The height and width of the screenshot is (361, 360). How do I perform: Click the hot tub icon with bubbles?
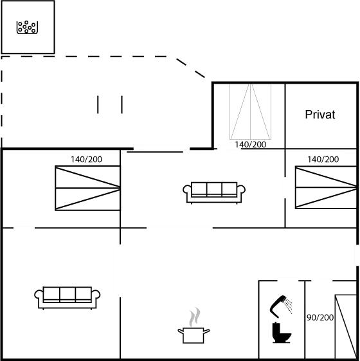[27, 27]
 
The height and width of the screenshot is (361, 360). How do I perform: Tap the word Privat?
[320, 115]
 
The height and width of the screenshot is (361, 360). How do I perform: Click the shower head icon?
[281, 306]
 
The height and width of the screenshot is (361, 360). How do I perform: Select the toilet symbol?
[281, 333]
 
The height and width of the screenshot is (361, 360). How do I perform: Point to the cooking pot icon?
[194, 335]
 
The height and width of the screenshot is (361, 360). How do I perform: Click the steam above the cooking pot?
[195, 317]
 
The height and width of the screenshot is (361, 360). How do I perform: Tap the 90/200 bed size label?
[320, 317]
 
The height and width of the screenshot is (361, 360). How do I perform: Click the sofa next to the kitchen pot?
[67, 298]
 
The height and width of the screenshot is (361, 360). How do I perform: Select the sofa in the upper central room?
[214, 193]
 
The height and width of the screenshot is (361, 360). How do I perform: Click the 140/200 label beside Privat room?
[250, 145]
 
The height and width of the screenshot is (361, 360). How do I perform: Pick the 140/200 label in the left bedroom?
[86, 160]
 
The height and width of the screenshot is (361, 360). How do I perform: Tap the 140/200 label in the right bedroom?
[323, 160]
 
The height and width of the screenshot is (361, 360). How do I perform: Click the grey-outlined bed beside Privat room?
[250, 111]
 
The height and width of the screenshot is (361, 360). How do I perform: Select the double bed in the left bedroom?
[87, 188]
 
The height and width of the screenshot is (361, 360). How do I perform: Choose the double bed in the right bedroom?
[326, 187]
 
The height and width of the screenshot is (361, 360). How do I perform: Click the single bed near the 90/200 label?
[346, 327]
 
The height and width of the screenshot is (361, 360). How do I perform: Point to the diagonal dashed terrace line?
[191, 68]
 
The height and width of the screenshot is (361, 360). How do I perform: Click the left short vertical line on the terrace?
[98, 105]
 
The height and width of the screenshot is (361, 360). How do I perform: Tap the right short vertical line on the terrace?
[122, 105]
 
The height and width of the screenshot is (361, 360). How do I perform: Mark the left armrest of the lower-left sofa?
[39, 295]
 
